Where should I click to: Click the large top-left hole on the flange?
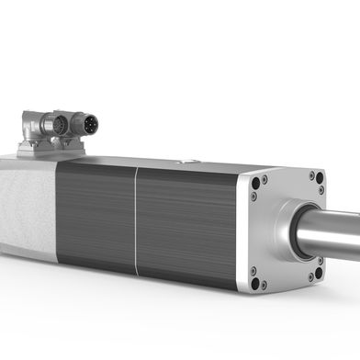pos(256,183)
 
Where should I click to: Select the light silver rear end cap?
pos(26,211)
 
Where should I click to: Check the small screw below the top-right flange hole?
pos(319,191)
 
